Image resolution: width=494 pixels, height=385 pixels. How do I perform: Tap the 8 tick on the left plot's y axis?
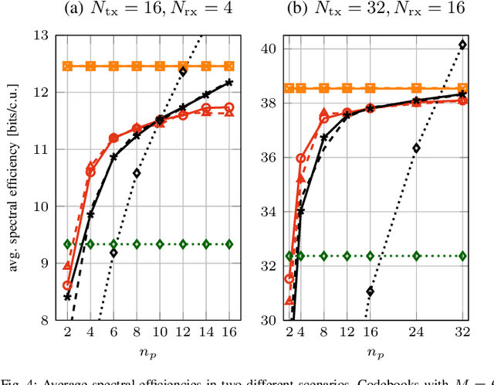(46, 320)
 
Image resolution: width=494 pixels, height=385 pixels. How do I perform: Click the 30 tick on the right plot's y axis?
(272, 320)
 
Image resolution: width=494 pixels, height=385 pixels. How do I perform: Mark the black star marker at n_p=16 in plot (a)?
(228, 82)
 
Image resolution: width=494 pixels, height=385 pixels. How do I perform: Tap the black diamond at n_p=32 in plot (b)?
(462, 45)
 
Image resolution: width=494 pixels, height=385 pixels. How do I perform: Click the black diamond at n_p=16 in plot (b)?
(370, 291)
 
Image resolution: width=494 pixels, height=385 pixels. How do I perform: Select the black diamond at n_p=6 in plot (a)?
(113, 253)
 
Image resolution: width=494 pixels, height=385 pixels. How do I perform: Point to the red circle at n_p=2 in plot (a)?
(67, 285)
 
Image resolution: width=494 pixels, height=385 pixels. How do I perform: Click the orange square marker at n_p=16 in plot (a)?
(228, 66)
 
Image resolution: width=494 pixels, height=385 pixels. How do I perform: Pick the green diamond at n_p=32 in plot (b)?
(462, 255)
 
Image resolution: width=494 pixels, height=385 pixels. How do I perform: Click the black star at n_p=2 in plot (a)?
(67, 297)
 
